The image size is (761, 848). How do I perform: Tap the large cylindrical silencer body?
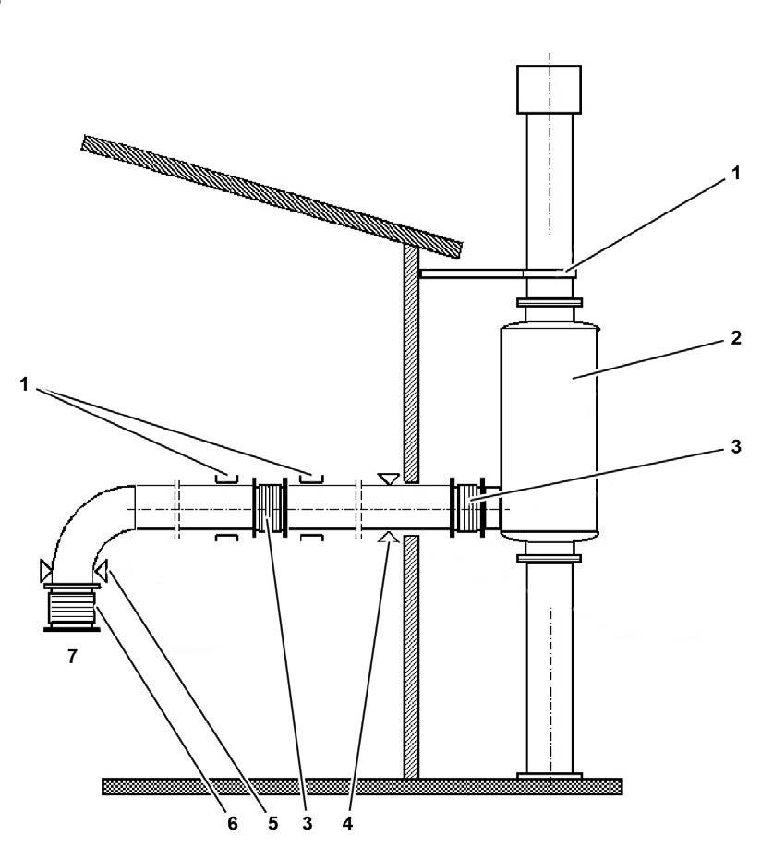[x=548, y=425]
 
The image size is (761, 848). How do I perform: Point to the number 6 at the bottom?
[x=233, y=822]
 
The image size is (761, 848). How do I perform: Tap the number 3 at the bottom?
[x=308, y=822]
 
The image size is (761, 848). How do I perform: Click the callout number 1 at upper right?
[x=736, y=175]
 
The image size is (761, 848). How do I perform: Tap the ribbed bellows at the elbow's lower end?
[x=71, y=608]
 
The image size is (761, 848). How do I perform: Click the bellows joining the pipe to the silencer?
[x=467, y=507]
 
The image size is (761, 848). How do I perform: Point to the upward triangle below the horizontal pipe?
[x=389, y=537]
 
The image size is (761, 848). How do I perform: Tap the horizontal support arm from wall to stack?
[x=471, y=273]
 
